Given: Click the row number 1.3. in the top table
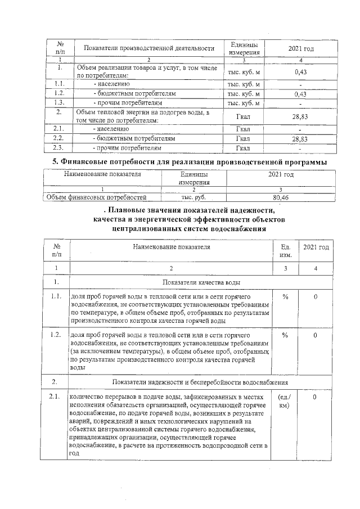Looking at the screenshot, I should [58, 103].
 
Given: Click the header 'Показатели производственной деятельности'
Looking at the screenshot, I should [149, 48].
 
